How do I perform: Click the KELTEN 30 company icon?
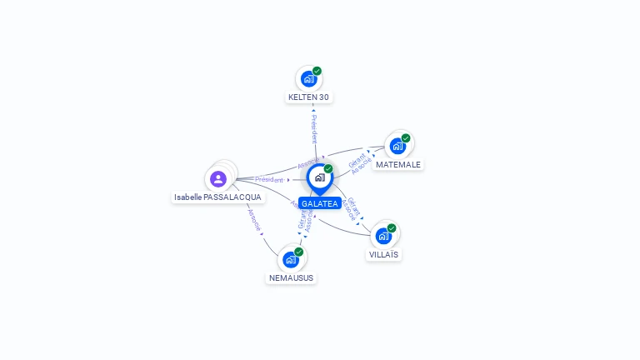[x=308, y=79]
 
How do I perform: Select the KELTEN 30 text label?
[x=308, y=97]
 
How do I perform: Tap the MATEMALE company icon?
[x=397, y=146]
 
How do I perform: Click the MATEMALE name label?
[x=398, y=165]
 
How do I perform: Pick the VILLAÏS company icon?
[x=383, y=236]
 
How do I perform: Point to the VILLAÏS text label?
[x=383, y=255]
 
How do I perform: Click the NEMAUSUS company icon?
[x=291, y=259]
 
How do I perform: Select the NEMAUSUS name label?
[x=292, y=277]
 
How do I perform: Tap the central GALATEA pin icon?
[x=319, y=177]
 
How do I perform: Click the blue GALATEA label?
[x=320, y=203]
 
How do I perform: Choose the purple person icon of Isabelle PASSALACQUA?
[x=218, y=178]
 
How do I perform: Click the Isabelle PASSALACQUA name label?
[x=217, y=197]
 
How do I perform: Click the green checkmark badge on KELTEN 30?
[x=317, y=71]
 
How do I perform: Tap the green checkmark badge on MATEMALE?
[x=406, y=138]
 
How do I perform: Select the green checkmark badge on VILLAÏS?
[x=392, y=227]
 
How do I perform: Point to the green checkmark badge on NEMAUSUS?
[x=299, y=252]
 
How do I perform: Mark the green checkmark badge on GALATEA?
[x=328, y=168]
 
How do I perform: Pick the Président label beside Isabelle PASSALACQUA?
[x=269, y=179]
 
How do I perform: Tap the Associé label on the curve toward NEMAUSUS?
[x=254, y=218]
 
